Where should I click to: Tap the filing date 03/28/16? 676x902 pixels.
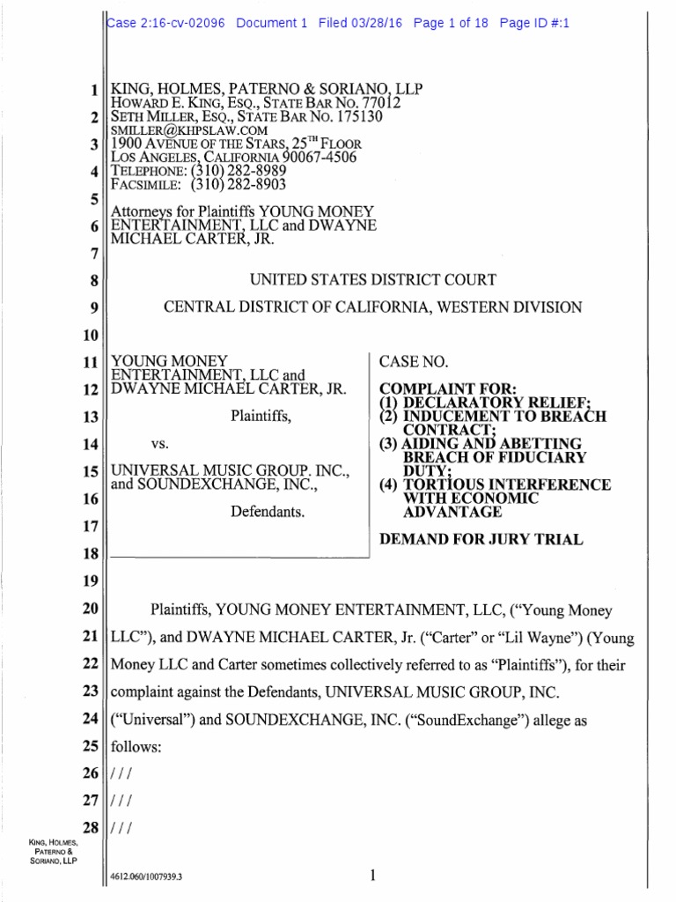378,24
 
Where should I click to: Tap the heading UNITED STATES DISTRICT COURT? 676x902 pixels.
373,280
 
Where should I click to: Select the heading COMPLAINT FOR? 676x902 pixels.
430,388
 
